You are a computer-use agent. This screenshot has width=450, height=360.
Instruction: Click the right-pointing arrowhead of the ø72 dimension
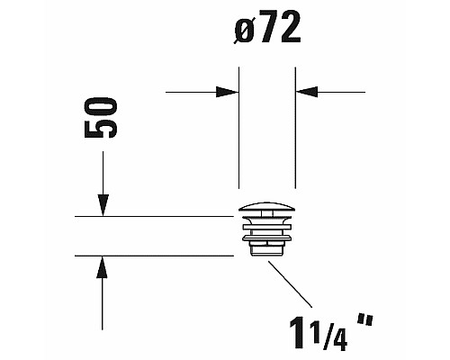point(229,91)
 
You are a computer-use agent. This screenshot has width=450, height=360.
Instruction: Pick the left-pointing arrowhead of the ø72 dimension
point(307,91)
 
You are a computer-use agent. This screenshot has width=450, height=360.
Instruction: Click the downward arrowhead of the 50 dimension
point(103,207)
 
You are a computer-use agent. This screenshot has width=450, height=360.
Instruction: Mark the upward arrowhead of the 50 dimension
point(103,265)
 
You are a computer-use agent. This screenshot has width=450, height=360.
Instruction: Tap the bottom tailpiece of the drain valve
point(267,250)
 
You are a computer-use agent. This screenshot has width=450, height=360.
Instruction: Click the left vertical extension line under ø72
point(238,144)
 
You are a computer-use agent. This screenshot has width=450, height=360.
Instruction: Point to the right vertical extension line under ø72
point(296,144)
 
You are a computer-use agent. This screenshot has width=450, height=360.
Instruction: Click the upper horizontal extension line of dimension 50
point(153,217)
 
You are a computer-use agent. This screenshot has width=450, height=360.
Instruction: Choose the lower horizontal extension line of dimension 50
point(153,255)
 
